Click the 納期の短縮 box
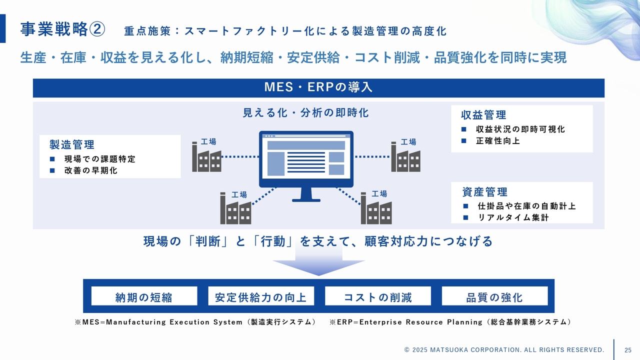(144, 297)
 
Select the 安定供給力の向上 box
(261, 297)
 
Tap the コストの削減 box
(378, 297)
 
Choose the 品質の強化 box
(494, 297)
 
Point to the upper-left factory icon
(206, 157)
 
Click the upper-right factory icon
(405, 157)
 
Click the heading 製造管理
(72, 145)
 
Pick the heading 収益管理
(483, 115)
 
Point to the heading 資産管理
(484, 192)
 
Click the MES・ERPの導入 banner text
(318, 87)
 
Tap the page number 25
(628, 349)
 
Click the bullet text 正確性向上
(497, 141)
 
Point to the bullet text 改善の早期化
(90, 170)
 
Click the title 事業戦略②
(62, 30)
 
